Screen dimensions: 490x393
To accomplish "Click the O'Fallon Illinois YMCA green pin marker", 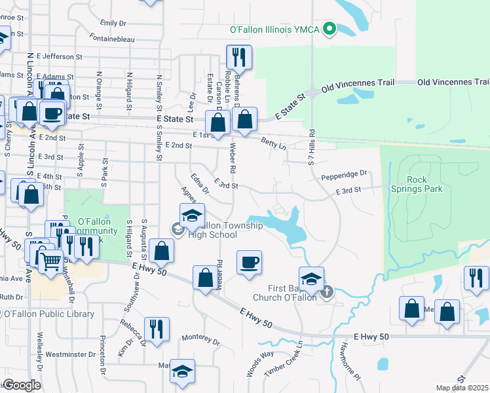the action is tap(331, 29).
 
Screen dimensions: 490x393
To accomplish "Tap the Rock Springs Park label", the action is tap(425, 184).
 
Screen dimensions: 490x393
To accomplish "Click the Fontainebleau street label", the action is tap(112, 39).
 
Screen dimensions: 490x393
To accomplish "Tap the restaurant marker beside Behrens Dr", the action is tap(239, 58).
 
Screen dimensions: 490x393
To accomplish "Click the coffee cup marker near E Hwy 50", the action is tap(249, 263).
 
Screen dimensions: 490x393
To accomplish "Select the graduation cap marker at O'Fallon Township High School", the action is tap(192, 215).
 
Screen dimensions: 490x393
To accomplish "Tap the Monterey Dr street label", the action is tap(200, 341).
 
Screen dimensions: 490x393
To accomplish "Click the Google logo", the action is tap(22, 385).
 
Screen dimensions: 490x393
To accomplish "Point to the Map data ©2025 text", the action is tap(462, 388).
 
